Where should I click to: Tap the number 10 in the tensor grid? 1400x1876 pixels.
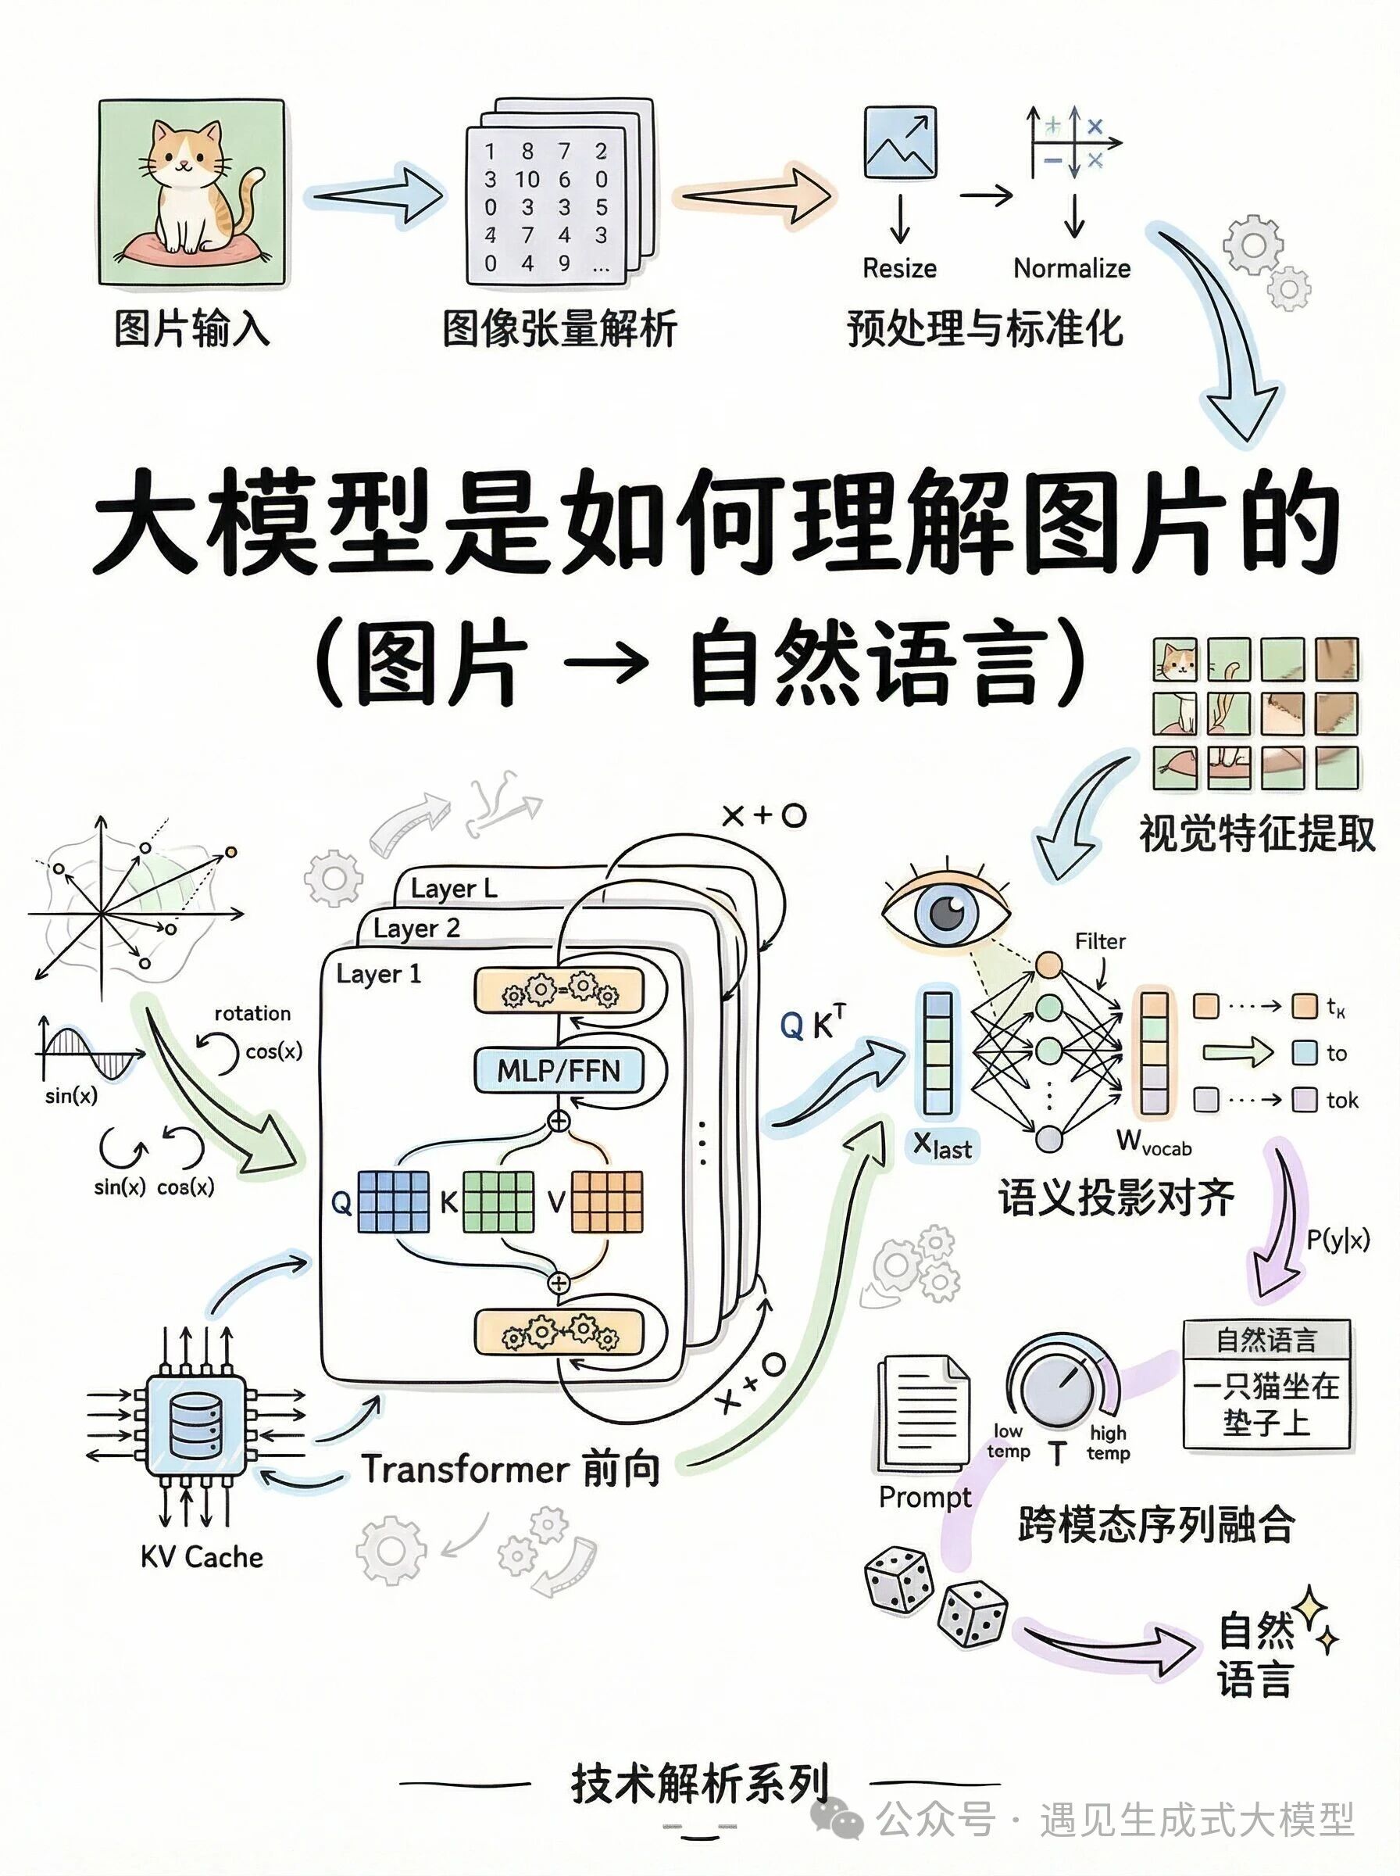pos(527,180)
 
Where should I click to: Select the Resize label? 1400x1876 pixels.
pos(899,269)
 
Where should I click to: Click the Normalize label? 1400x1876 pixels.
pos(1071,269)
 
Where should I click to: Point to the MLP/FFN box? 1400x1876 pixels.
pos(559,1071)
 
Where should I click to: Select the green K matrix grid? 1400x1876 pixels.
pos(498,1201)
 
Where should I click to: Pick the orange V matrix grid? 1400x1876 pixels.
pos(607,1201)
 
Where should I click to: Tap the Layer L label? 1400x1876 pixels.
pos(453,889)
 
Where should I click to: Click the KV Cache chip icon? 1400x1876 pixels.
pos(196,1426)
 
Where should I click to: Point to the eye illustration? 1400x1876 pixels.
pos(947,914)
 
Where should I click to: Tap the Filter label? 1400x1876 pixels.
pos(1100,941)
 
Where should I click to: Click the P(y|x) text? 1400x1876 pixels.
pos(1337,1241)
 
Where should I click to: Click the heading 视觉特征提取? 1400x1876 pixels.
pos(1256,834)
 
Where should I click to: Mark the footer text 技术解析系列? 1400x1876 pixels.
pos(699,1783)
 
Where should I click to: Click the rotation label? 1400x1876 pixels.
pos(252,1013)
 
